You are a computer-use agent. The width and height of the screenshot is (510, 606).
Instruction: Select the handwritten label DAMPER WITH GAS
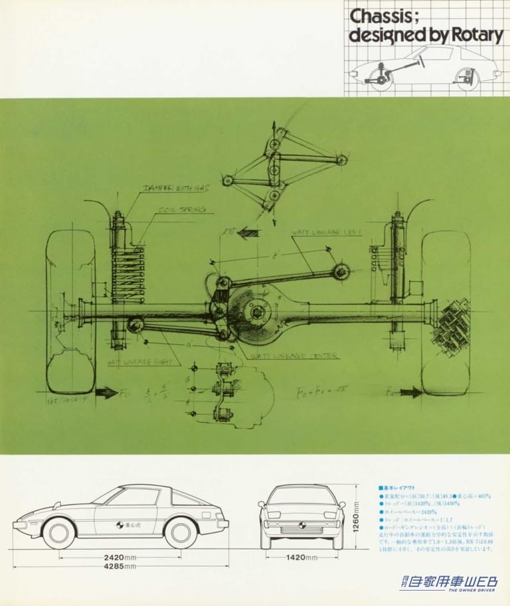(x=176, y=189)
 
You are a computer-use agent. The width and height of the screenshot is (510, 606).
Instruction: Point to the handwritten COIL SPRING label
(x=181, y=210)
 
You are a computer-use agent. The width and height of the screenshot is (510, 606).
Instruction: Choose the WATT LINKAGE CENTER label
(x=294, y=356)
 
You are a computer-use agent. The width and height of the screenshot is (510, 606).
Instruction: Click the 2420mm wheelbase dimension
(x=120, y=557)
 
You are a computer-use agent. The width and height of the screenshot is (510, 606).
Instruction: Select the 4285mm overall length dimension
(x=120, y=566)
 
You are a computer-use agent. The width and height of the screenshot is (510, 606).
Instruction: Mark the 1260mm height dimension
(x=356, y=517)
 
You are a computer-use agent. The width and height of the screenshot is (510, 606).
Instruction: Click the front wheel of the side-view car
(x=58, y=532)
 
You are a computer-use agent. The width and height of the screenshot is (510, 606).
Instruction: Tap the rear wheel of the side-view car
(x=181, y=532)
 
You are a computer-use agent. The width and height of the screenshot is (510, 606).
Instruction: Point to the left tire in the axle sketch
(x=69, y=312)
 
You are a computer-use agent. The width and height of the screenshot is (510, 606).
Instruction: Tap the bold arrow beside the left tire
(x=106, y=392)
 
